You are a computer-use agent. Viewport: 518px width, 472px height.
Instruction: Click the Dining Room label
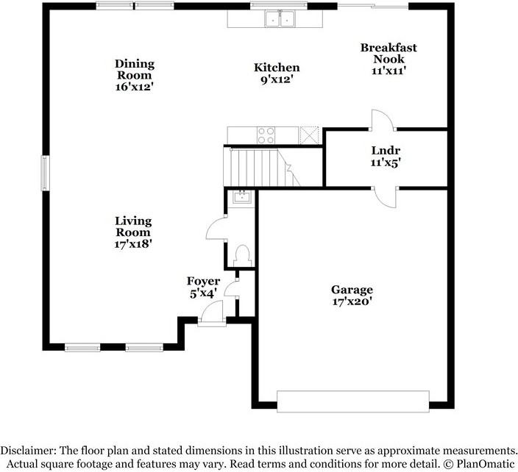click(x=134, y=75)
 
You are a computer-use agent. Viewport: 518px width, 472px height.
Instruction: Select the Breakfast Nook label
click(x=388, y=59)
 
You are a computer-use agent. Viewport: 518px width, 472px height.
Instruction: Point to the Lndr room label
click(x=386, y=157)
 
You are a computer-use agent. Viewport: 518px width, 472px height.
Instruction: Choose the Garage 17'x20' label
click(x=352, y=296)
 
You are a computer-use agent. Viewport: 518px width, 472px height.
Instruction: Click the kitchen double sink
click(x=279, y=19)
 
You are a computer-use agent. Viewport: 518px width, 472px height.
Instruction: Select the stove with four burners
click(x=266, y=135)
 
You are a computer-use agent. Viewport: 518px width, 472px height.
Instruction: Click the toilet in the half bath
click(x=241, y=255)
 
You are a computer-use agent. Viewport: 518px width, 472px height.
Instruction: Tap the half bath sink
click(x=241, y=196)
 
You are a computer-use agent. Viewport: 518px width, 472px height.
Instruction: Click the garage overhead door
click(x=352, y=401)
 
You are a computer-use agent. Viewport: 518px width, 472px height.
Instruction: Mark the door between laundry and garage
click(x=385, y=196)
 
